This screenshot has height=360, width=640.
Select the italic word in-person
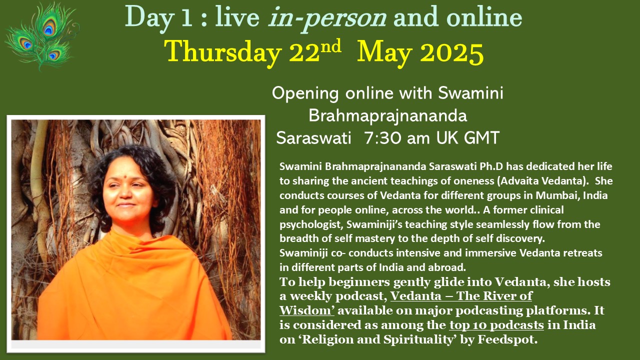coord(327,17)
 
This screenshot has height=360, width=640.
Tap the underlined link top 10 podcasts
coord(496,325)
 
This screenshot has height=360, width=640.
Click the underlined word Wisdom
coord(306,310)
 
